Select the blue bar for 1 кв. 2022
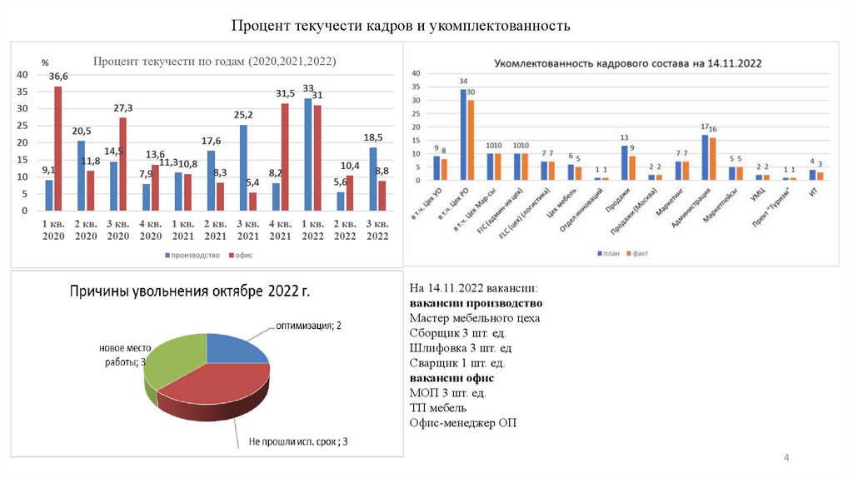click(308, 154)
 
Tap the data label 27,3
click(123, 107)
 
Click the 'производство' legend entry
click(191, 256)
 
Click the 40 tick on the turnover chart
click(22, 75)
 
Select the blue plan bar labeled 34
click(463, 134)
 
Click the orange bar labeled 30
click(471, 140)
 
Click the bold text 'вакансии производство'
click(476, 303)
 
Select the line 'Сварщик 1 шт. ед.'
click(457, 363)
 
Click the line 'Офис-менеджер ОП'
click(462, 423)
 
